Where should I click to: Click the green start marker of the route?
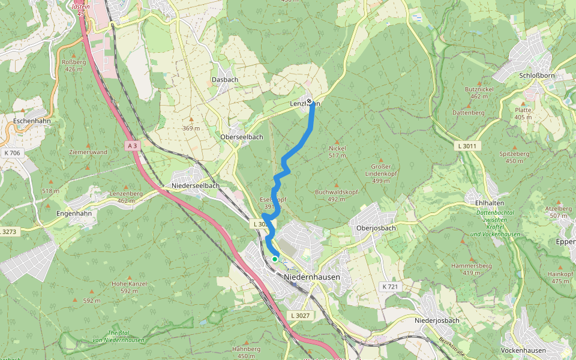pos(275,259)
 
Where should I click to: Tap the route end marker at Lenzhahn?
pos(309,101)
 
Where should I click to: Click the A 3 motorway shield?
pos(133,146)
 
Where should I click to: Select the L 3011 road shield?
pos(467,146)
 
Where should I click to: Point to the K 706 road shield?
pos(11,153)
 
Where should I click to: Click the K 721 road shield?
pos(390,287)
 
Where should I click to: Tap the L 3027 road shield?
pos(299,316)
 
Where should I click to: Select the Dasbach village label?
pos(225,80)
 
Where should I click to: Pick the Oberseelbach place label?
pos(242,137)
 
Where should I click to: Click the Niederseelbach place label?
pos(195,185)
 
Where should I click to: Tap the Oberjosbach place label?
pos(376,227)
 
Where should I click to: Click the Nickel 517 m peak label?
pos(338,152)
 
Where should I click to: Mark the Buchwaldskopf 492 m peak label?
pos(337,196)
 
